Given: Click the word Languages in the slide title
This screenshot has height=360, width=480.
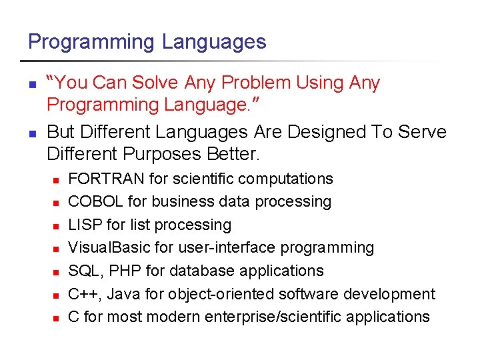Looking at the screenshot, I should [214, 42].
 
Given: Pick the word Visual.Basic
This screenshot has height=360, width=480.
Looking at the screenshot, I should [109, 247].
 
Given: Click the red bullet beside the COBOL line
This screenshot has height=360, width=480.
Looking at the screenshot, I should [57, 202].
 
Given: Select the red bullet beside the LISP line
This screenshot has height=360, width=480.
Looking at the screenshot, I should [57, 225].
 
